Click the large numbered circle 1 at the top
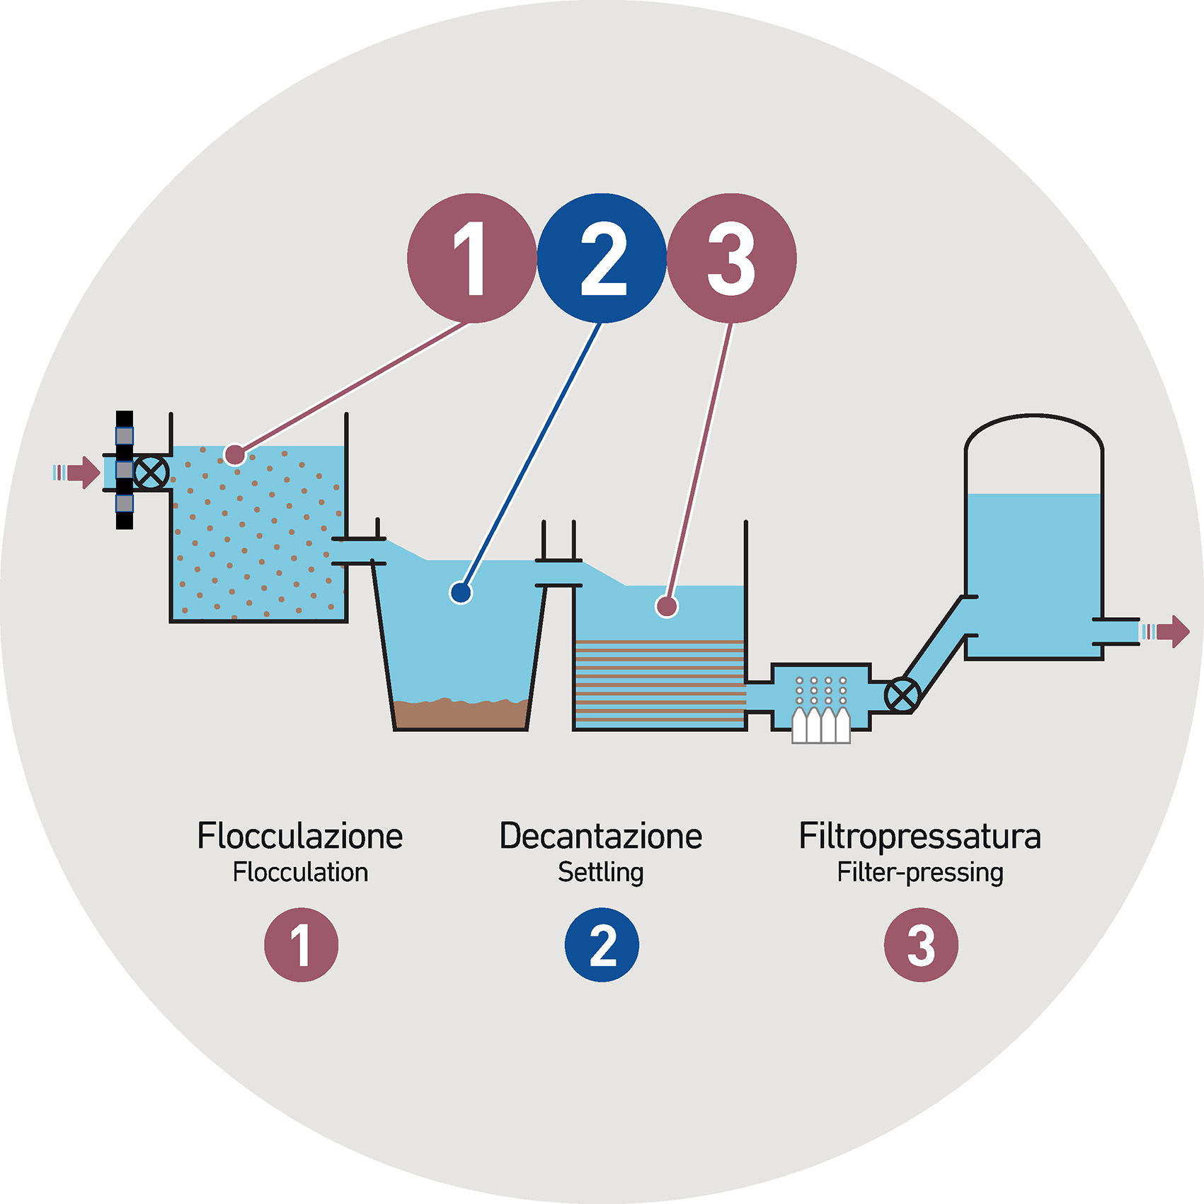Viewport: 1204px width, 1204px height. point(471,258)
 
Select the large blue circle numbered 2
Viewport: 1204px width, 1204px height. point(602,258)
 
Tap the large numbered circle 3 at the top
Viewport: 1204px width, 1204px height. point(732,258)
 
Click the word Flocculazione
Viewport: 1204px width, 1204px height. point(300,836)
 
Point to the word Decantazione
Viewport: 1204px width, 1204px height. point(601,836)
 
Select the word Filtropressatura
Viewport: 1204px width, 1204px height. point(919,836)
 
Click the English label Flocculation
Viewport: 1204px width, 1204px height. point(300,872)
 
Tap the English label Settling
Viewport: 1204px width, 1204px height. point(601,872)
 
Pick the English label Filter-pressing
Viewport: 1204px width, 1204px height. point(919,873)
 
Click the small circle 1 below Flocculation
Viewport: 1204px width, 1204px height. point(301,944)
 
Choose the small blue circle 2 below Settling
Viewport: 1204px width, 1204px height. point(602,944)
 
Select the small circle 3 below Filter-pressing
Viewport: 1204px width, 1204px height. point(921,944)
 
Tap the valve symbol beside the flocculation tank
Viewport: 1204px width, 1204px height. point(151,472)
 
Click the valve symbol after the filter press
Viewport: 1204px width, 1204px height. point(902,695)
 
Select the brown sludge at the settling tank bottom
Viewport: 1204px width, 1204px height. point(460,715)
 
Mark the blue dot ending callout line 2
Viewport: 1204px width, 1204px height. point(461,592)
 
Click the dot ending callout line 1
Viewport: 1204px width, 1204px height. point(235,454)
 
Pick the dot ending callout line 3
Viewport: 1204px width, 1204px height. point(666,606)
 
